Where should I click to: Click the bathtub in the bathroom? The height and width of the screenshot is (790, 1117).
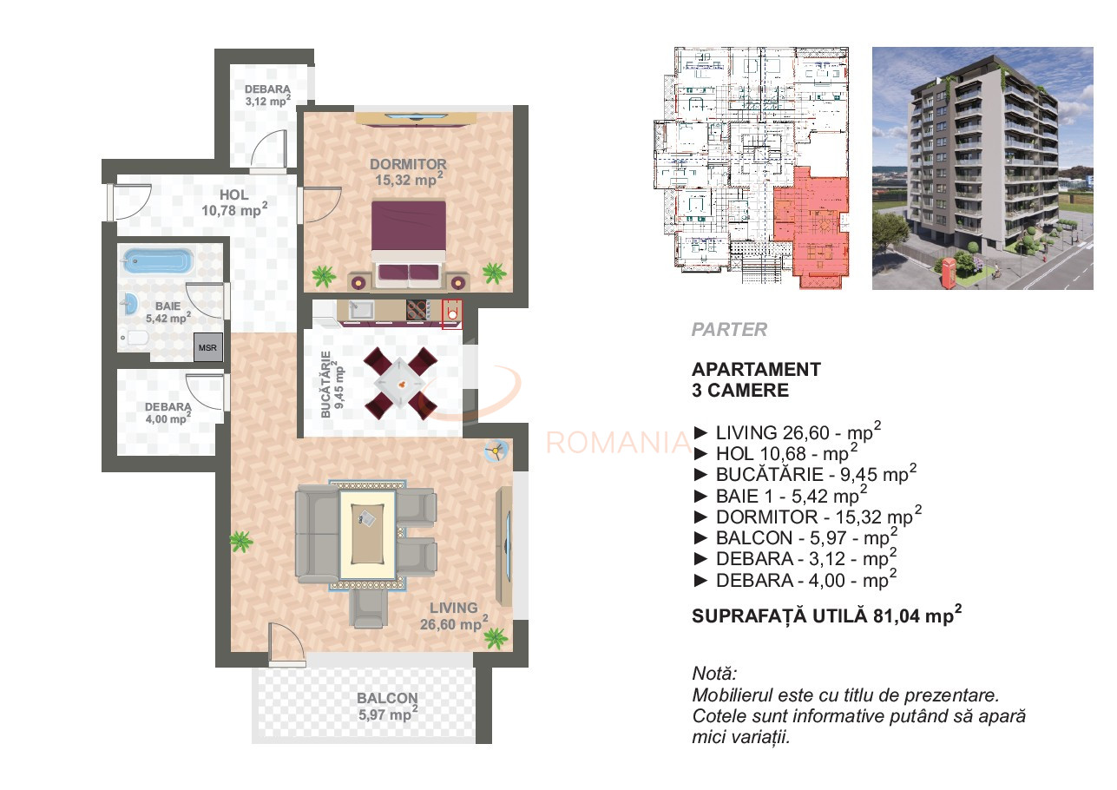pyautogui.click(x=157, y=261)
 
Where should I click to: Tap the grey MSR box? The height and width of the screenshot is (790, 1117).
pyautogui.click(x=208, y=347)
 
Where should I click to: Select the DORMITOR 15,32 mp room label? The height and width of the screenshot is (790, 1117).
pyautogui.click(x=408, y=172)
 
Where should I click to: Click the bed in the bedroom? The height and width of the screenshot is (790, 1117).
pyautogui.click(x=409, y=240)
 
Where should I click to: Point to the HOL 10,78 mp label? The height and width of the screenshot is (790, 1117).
pyautogui.click(x=234, y=202)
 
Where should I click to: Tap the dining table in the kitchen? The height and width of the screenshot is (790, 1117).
pyautogui.click(x=400, y=383)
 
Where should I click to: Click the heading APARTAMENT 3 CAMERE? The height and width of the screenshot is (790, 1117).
pyautogui.click(x=755, y=379)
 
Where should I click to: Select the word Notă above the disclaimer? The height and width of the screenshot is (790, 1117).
pyautogui.click(x=714, y=674)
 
